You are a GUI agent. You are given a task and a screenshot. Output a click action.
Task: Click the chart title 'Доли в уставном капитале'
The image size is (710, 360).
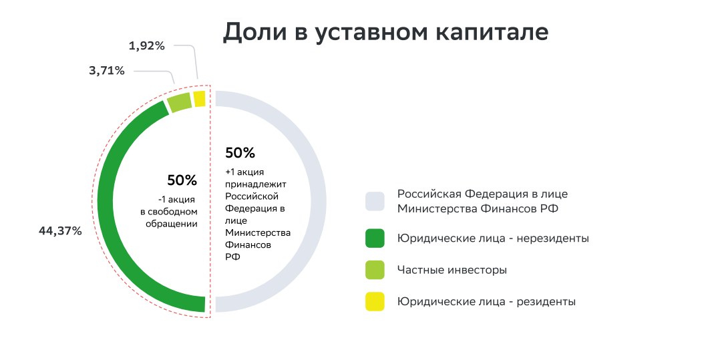pos(385,33)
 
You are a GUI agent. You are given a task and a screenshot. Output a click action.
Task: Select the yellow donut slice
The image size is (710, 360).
pos(199,99)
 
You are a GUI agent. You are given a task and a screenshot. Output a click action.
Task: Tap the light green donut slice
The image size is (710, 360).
pos(179,103)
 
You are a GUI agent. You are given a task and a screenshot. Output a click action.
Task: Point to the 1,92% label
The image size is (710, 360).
pos(147,46)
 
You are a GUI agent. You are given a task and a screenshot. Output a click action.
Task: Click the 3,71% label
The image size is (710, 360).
pos(107,70)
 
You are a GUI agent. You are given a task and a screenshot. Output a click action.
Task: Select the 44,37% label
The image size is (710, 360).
pos(60,231)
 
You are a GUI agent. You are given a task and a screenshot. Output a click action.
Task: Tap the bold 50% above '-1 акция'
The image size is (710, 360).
pos(182,180)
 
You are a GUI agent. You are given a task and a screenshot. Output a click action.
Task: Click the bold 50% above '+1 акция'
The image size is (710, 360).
pos(240,153)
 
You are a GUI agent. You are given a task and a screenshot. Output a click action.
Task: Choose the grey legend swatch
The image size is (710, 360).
pos(375,201)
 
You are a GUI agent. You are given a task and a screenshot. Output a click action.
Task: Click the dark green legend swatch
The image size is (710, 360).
pos(375,238)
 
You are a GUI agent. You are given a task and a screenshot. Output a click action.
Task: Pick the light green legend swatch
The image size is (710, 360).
pos(375,270)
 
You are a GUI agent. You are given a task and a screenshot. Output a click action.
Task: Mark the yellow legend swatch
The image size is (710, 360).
pos(375,301)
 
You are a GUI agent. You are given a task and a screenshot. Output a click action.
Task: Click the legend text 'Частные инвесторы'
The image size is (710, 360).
pos(452,270)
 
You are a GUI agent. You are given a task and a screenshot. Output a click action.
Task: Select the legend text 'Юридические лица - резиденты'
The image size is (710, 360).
pos(486,301)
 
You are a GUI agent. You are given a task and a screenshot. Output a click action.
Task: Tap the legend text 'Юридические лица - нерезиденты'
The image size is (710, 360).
pos(493,238)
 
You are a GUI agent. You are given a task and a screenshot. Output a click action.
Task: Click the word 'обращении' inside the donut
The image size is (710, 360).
pos(172,224)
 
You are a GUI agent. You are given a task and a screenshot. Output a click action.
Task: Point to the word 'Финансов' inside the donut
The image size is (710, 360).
pos(246,244)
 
